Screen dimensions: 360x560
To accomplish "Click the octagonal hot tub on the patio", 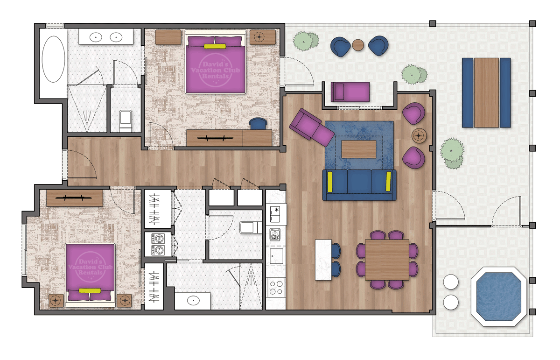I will tap(498, 296).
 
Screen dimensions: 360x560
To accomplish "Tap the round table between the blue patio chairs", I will tap(358, 45).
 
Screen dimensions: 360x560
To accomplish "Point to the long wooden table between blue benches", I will tap(486, 92).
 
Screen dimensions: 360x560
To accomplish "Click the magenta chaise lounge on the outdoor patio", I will tap(350, 91).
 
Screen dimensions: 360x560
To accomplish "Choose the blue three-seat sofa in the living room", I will tap(359, 184).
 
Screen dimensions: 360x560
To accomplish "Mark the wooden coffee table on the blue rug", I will tap(359, 149).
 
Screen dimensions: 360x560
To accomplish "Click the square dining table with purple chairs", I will tap(387, 260).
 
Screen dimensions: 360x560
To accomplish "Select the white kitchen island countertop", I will tap(323, 260).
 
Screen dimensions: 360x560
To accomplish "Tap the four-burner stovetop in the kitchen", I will tap(276, 286).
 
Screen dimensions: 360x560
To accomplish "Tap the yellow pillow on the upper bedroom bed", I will tap(215, 46).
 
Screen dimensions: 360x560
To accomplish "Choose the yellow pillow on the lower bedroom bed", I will tap(90, 290).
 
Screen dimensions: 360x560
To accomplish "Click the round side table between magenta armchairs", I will tap(419, 135).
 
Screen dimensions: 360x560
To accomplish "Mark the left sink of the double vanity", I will tap(96, 36).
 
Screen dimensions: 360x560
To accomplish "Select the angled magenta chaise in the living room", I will tap(311, 127).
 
